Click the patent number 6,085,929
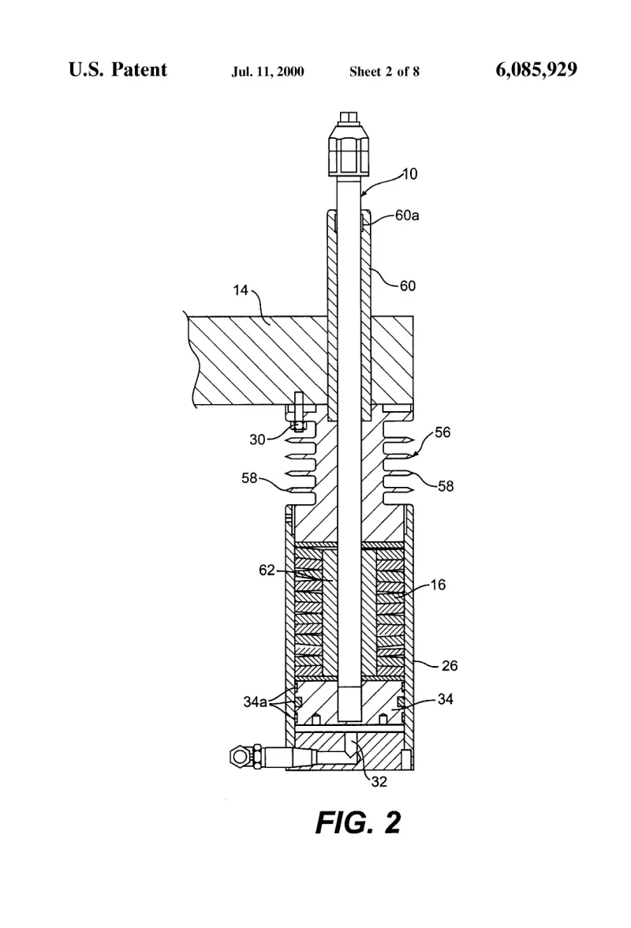pyautogui.click(x=536, y=69)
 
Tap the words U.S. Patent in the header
pyautogui.click(x=118, y=69)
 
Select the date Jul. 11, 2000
pyautogui.click(x=268, y=72)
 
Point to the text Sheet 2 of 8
pyautogui.click(x=384, y=72)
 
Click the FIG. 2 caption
pyautogui.click(x=358, y=822)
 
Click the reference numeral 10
pyautogui.click(x=410, y=174)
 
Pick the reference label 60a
pyautogui.click(x=407, y=215)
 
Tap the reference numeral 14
pyautogui.click(x=241, y=290)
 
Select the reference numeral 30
pyautogui.click(x=257, y=439)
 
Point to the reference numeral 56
pyautogui.click(x=442, y=432)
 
